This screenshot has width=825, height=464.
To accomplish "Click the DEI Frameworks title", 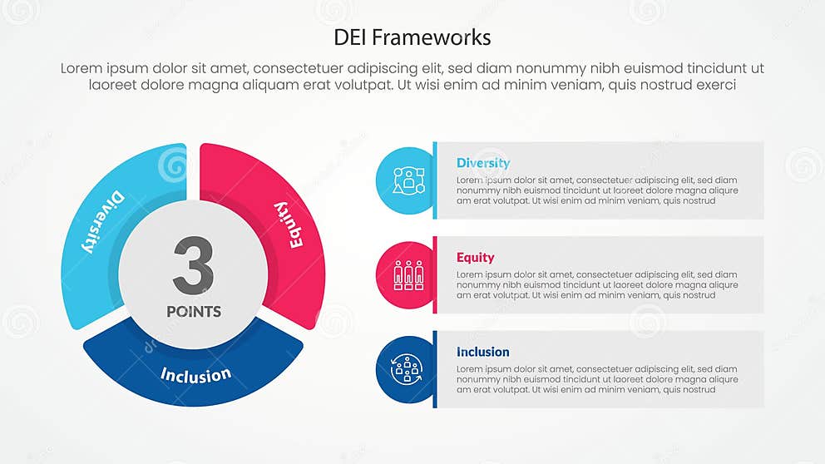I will tap(412, 37).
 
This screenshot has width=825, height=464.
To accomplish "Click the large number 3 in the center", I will tap(193, 265).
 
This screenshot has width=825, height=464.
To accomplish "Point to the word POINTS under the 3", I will tap(194, 312).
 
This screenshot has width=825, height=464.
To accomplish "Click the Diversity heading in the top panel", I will tap(483, 163).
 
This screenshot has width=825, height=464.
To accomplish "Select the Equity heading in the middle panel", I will tap(475, 258).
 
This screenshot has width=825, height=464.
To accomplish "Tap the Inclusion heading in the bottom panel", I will tap(482, 352).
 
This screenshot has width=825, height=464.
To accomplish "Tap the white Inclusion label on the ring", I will tap(195, 374).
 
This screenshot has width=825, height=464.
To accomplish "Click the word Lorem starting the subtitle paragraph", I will tap(81, 69).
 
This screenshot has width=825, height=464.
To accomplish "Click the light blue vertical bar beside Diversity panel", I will tap(434, 180).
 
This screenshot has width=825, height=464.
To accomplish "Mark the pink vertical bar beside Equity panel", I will tap(434, 274).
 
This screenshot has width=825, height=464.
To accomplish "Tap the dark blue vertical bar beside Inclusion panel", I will tap(434, 369).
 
